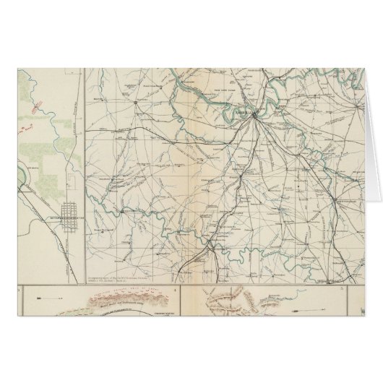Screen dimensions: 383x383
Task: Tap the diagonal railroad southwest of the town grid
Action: tap(40, 210)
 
